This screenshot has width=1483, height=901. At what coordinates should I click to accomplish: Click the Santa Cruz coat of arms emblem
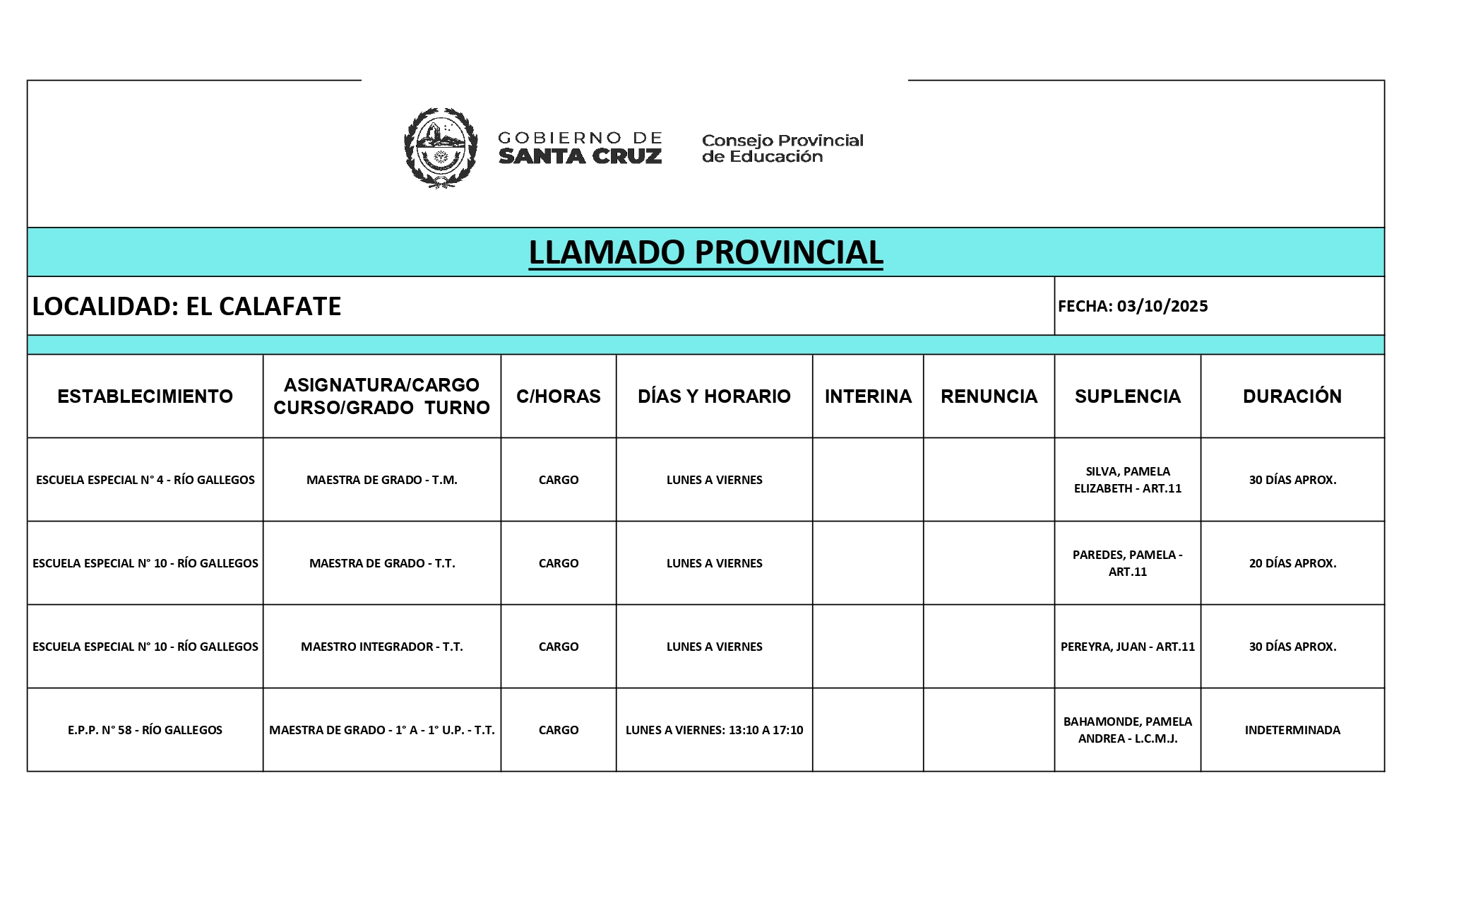[x=440, y=148]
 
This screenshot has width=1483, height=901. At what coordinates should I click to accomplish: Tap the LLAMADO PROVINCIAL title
[x=705, y=252]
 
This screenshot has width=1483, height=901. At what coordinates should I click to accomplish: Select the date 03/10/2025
[x=1162, y=306]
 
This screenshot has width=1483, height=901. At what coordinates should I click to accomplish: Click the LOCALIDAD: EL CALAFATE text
[x=187, y=306]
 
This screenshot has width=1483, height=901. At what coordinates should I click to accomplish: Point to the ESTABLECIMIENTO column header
[x=145, y=396]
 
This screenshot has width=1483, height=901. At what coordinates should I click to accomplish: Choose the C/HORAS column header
[x=558, y=396]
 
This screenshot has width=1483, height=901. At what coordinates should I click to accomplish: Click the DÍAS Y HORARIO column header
[x=714, y=396]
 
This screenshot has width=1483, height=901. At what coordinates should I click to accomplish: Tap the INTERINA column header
[x=868, y=396]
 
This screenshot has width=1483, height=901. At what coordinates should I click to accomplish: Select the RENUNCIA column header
[x=989, y=396]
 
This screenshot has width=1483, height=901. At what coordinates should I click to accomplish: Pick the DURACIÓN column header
[x=1292, y=396]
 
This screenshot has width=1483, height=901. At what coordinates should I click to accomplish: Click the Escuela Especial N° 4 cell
[x=145, y=480]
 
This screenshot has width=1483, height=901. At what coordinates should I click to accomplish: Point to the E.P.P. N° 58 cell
[x=145, y=730]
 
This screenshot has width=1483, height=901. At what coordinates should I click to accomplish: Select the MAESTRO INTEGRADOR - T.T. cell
[x=381, y=647]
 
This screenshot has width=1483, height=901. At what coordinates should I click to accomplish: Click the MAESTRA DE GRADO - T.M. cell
[x=381, y=480]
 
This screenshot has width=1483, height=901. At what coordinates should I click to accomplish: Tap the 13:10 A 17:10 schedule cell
[x=714, y=730]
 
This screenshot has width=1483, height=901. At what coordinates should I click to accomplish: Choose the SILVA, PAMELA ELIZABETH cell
[x=1127, y=480]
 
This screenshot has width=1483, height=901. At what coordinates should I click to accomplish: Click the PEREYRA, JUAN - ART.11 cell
[x=1127, y=647]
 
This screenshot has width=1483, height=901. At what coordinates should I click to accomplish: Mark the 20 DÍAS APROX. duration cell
[x=1292, y=563]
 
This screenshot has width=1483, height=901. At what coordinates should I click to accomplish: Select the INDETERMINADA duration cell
[x=1292, y=730]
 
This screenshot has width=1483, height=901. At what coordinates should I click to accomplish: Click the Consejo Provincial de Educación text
[x=782, y=148]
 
